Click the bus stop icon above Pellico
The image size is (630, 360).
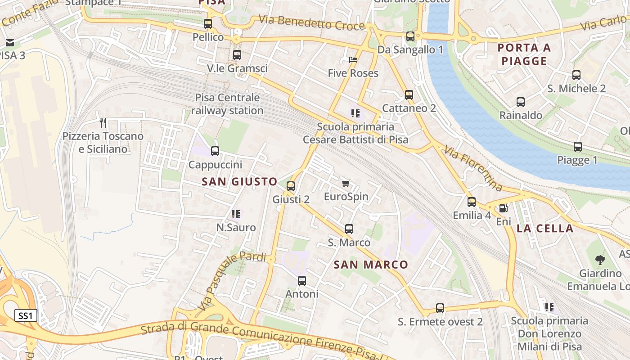(208, 24)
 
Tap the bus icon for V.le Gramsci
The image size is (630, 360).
(237, 55)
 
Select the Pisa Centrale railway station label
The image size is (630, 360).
(227, 104)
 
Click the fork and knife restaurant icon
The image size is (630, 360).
(103, 122)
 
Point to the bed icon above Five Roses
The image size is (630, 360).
(353, 60)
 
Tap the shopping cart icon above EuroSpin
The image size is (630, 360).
(346, 183)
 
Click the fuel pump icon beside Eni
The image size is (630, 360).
(503, 208)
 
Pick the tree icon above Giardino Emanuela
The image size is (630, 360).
(600, 260)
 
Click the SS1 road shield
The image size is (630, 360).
(26, 315)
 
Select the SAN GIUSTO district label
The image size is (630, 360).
(239, 182)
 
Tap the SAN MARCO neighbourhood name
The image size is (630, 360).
(371, 265)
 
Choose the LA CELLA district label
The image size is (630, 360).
(545, 228)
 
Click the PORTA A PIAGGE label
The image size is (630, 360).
(524, 54)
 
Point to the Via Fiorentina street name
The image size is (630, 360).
(473, 167)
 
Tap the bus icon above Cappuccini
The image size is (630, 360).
(215, 151)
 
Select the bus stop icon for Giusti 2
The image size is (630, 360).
(291, 186)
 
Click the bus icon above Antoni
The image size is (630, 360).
(302, 281)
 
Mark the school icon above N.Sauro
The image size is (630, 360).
(236, 214)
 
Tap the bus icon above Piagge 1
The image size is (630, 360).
(577, 147)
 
